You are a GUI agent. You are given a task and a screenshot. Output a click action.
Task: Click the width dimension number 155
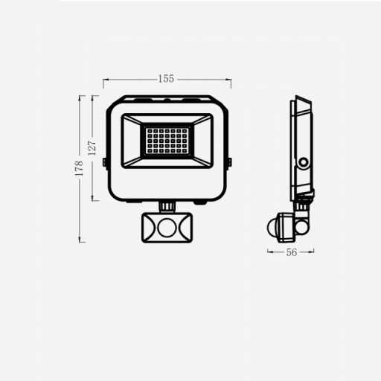[166, 77]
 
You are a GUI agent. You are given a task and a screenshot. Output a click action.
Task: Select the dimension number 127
[92, 147]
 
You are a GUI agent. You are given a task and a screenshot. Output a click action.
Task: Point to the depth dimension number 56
[292, 252]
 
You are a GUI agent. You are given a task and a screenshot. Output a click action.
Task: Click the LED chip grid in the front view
[166, 138]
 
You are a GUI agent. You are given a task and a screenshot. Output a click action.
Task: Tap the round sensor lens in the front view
[166, 225]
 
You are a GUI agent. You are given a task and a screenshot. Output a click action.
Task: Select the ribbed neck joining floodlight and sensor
[167, 204]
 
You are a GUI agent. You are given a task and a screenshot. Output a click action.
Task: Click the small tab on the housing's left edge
[104, 161]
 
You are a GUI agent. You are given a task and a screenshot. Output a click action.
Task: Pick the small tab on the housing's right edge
[229, 161]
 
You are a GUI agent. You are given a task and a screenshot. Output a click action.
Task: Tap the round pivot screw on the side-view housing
[304, 161]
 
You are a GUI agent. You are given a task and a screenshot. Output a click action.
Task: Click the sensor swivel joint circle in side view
[302, 217]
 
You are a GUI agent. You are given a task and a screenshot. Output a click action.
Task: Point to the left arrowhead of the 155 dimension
[105, 77]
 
